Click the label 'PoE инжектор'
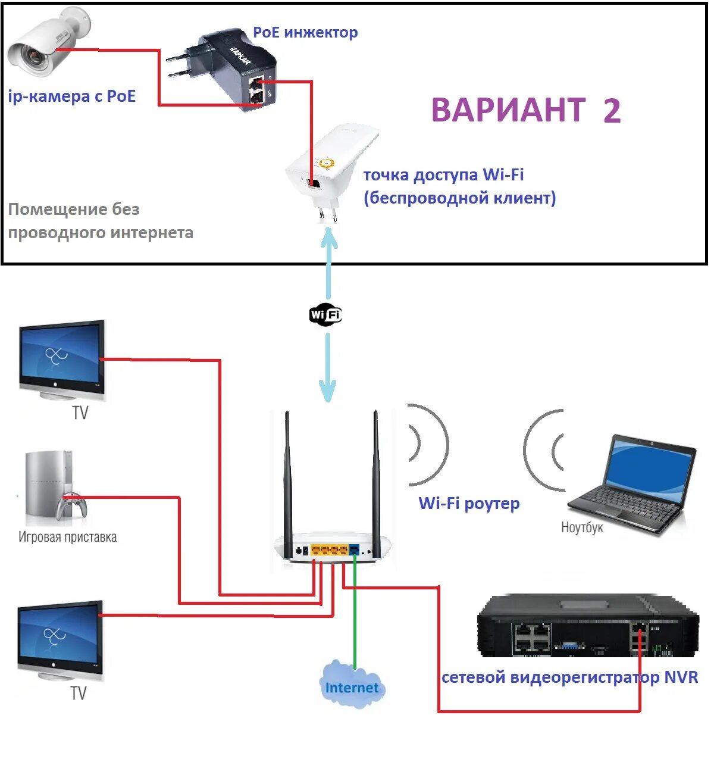point(305,32)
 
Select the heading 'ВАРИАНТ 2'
point(525,110)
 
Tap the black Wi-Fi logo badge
point(325,314)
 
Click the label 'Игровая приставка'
point(67,537)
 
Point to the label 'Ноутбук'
point(581,527)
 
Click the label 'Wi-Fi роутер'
point(469,503)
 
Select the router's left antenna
point(287,476)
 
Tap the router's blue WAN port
point(355,549)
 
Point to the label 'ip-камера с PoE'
point(72,96)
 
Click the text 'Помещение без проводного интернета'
point(100,221)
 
